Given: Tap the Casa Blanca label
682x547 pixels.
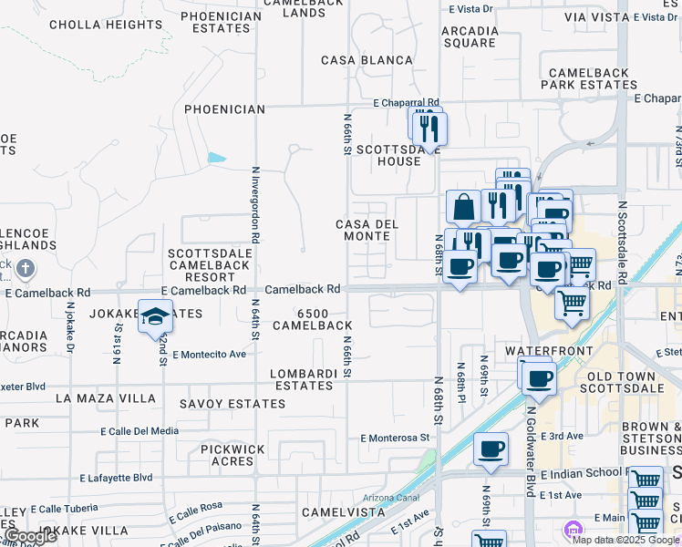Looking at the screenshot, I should [x=367, y=60].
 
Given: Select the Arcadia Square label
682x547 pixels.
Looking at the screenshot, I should [x=469, y=36].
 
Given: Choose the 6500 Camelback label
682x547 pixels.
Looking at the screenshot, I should [x=312, y=319].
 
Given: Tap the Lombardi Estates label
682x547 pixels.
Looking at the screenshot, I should [x=304, y=379].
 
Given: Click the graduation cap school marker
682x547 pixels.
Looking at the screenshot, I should [x=155, y=316].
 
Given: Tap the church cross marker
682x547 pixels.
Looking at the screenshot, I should [x=26, y=269].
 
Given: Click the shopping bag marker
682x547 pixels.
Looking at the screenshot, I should [x=464, y=207].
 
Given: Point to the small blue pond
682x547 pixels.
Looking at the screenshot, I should [x=216, y=158].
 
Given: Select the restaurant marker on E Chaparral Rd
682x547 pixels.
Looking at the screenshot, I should [x=428, y=129].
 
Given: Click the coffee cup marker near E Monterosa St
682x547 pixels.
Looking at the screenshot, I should [x=491, y=449].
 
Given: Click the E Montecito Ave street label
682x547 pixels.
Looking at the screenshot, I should [x=209, y=354].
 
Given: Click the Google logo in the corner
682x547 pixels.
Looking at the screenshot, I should [x=30, y=536].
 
